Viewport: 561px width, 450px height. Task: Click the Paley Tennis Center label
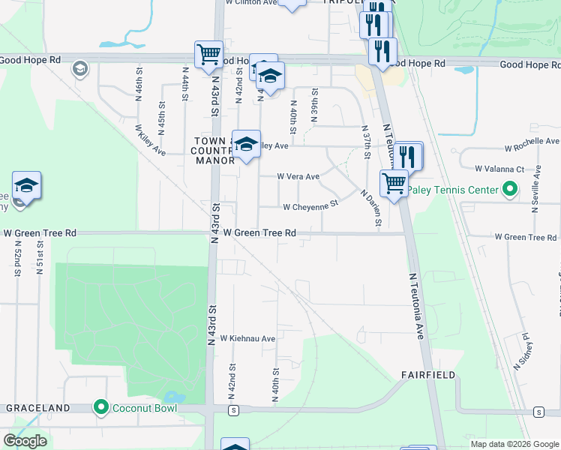(460, 189)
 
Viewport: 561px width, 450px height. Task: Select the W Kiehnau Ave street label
(247, 339)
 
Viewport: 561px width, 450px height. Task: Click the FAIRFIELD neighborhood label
(427, 374)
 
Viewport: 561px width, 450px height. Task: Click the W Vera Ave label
(298, 177)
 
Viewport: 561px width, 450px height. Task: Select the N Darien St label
(371, 208)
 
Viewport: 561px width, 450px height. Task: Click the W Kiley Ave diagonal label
(150, 139)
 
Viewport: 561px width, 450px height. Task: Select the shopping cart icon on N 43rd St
(208, 53)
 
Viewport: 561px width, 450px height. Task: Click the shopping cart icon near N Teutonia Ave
(393, 181)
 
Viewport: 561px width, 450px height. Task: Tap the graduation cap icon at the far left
(26, 185)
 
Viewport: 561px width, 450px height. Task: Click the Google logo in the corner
(25, 441)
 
